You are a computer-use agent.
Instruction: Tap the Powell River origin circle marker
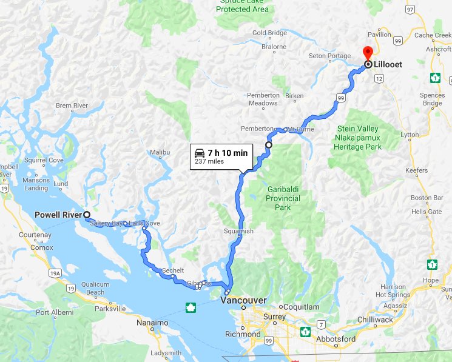point(87,215)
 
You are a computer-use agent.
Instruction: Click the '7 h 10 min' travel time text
point(228,153)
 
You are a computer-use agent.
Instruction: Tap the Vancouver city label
point(243,300)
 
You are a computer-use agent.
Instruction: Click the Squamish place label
point(238,232)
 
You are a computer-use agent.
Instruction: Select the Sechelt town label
point(172,270)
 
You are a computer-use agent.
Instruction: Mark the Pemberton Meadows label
point(263,99)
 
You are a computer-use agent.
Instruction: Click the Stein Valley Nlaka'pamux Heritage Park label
point(365,138)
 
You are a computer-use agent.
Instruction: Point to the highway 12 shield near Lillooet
point(379,79)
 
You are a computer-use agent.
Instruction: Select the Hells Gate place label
point(426,212)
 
